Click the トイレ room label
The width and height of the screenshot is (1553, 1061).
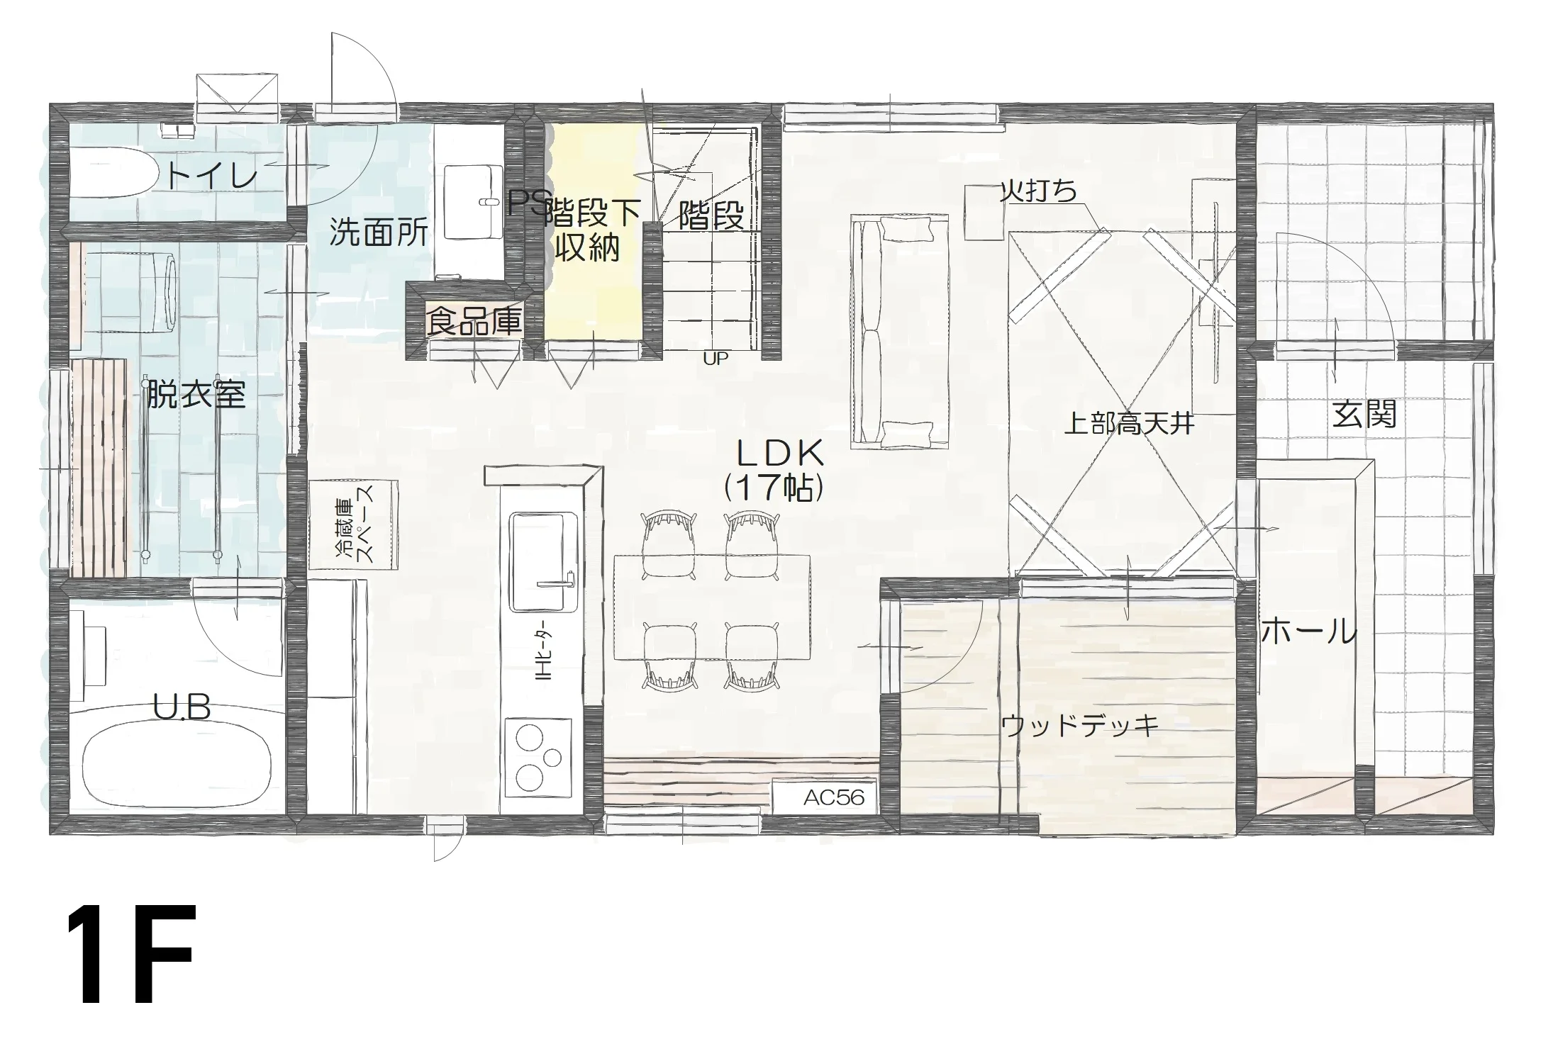(x=211, y=175)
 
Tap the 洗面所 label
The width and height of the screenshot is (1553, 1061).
(x=379, y=232)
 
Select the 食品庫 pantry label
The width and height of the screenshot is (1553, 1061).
(x=474, y=321)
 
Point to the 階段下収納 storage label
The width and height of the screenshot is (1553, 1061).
(x=592, y=229)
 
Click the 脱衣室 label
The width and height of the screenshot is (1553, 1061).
(x=196, y=394)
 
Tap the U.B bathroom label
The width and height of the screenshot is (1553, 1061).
(x=182, y=707)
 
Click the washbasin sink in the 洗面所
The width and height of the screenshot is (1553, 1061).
(x=473, y=201)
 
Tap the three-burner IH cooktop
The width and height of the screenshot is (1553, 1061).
(x=538, y=756)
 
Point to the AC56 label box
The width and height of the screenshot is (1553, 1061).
(x=825, y=797)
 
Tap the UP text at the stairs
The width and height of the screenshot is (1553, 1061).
(x=716, y=359)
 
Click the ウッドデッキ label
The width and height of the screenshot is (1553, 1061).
(x=1079, y=725)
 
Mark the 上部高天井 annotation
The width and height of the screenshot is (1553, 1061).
(x=1130, y=425)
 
